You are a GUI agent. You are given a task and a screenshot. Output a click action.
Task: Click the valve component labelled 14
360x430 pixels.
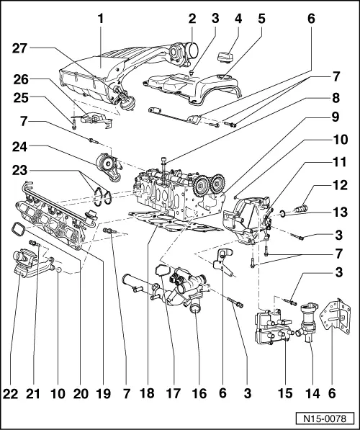tap(312, 321)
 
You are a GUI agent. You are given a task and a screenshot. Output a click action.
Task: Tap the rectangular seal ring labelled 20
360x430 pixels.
tap(17, 230)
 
